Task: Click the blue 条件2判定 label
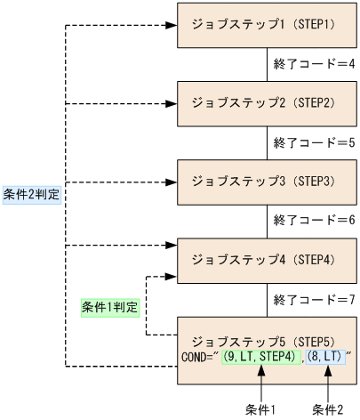(32, 194)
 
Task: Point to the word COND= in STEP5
(198, 359)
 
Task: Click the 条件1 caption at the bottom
(260, 410)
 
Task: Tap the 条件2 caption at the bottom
(329, 410)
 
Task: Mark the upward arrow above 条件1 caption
(260, 383)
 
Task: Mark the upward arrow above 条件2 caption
(329, 383)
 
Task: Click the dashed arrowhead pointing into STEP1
(172, 25)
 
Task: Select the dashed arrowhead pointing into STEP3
(172, 182)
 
